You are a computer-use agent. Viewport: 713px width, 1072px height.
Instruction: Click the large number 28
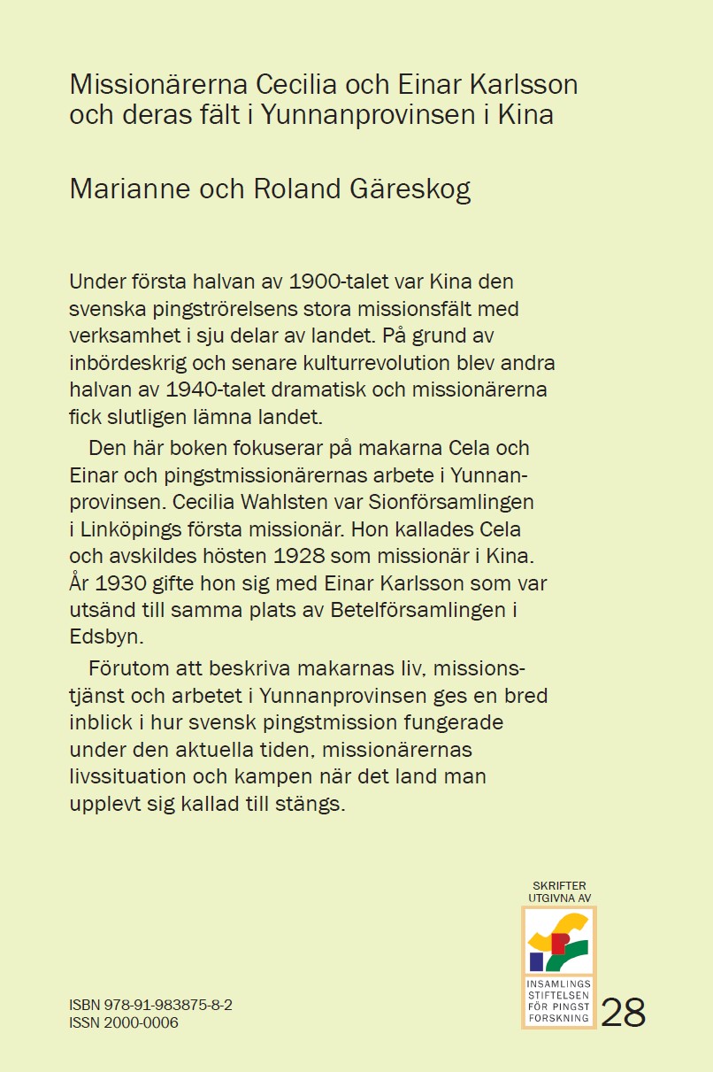click(624, 1013)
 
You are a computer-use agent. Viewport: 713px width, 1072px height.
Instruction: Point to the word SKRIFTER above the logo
click(559, 885)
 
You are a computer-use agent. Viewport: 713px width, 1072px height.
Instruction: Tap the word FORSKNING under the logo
click(559, 1018)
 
